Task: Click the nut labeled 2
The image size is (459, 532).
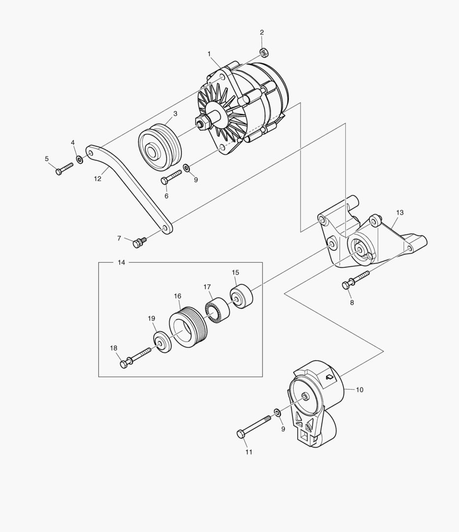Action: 263,51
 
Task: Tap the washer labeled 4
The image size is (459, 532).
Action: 79,160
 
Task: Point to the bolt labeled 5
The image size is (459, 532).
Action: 63,168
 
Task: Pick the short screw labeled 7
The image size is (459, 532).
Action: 139,242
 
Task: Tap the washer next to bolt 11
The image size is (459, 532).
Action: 277,411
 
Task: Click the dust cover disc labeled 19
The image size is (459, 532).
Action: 161,342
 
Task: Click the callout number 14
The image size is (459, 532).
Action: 122,263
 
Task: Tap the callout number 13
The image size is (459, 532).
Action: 399,212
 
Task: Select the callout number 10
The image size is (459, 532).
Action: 359,390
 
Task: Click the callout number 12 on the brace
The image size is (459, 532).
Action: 97,179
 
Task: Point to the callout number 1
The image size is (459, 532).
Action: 209,53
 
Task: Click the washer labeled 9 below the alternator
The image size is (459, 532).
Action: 187,168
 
